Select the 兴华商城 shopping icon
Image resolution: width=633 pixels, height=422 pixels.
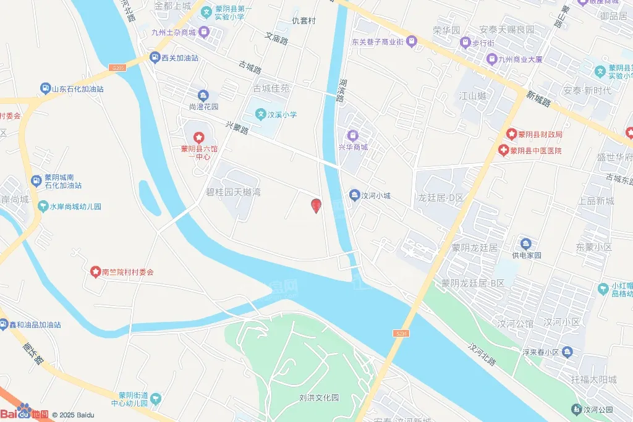point(352,135)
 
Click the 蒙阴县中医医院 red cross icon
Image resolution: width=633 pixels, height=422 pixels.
point(504,151)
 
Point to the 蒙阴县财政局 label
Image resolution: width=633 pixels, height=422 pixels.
point(540,134)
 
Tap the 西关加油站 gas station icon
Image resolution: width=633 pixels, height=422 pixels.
point(155,57)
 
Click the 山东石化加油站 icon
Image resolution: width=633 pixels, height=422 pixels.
point(45,89)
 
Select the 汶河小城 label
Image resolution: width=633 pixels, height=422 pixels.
point(376,196)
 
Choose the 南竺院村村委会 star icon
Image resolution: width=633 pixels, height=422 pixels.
point(95,271)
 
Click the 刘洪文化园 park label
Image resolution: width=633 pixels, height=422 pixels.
point(319,398)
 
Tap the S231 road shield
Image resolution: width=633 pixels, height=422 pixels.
point(401,333)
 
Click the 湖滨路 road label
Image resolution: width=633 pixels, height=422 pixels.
point(341,91)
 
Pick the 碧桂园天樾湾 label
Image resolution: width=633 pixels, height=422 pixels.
point(233,192)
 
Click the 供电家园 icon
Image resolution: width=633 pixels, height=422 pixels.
point(525,243)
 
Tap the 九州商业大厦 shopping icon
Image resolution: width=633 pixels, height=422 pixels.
point(491,59)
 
